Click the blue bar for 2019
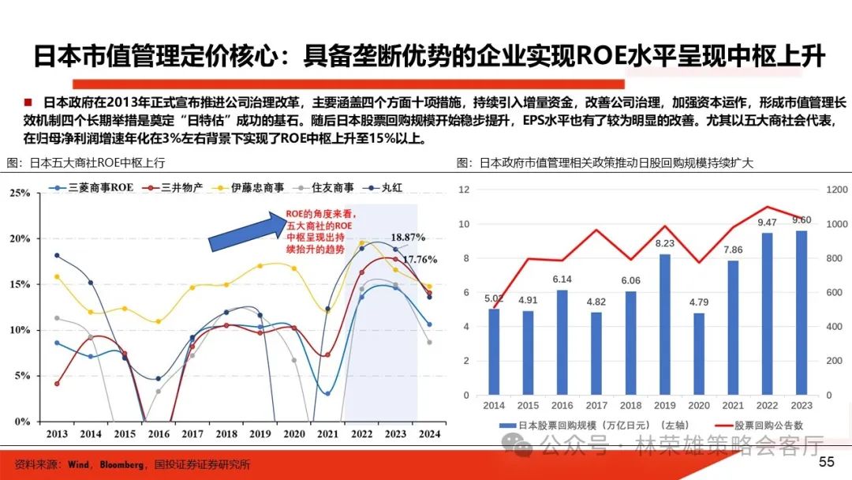click(x=665, y=324)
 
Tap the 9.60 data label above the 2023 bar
click(x=802, y=219)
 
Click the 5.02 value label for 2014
click(x=494, y=298)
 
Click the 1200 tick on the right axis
click(x=837, y=189)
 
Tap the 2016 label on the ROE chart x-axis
click(x=159, y=433)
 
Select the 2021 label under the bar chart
click(x=734, y=406)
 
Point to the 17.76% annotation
click(x=420, y=258)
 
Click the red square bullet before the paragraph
click(x=28, y=102)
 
